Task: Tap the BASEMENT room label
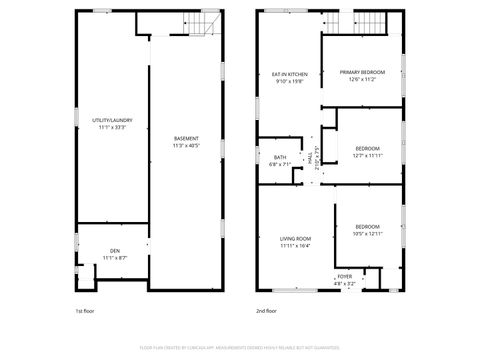tap(186, 138)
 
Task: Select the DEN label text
tap(114, 251)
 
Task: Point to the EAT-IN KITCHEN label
tap(290, 75)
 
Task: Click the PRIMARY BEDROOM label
tap(362, 72)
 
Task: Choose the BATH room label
tap(280, 157)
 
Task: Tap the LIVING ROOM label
tap(295, 239)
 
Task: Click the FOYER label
tap(345, 275)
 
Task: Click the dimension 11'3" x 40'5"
tap(186, 146)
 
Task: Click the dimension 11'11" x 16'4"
tap(295, 246)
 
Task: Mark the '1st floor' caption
tap(84, 311)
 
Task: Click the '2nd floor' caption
tap(265, 311)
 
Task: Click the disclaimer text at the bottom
tap(240, 347)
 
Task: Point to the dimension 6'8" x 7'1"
tap(280, 164)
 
